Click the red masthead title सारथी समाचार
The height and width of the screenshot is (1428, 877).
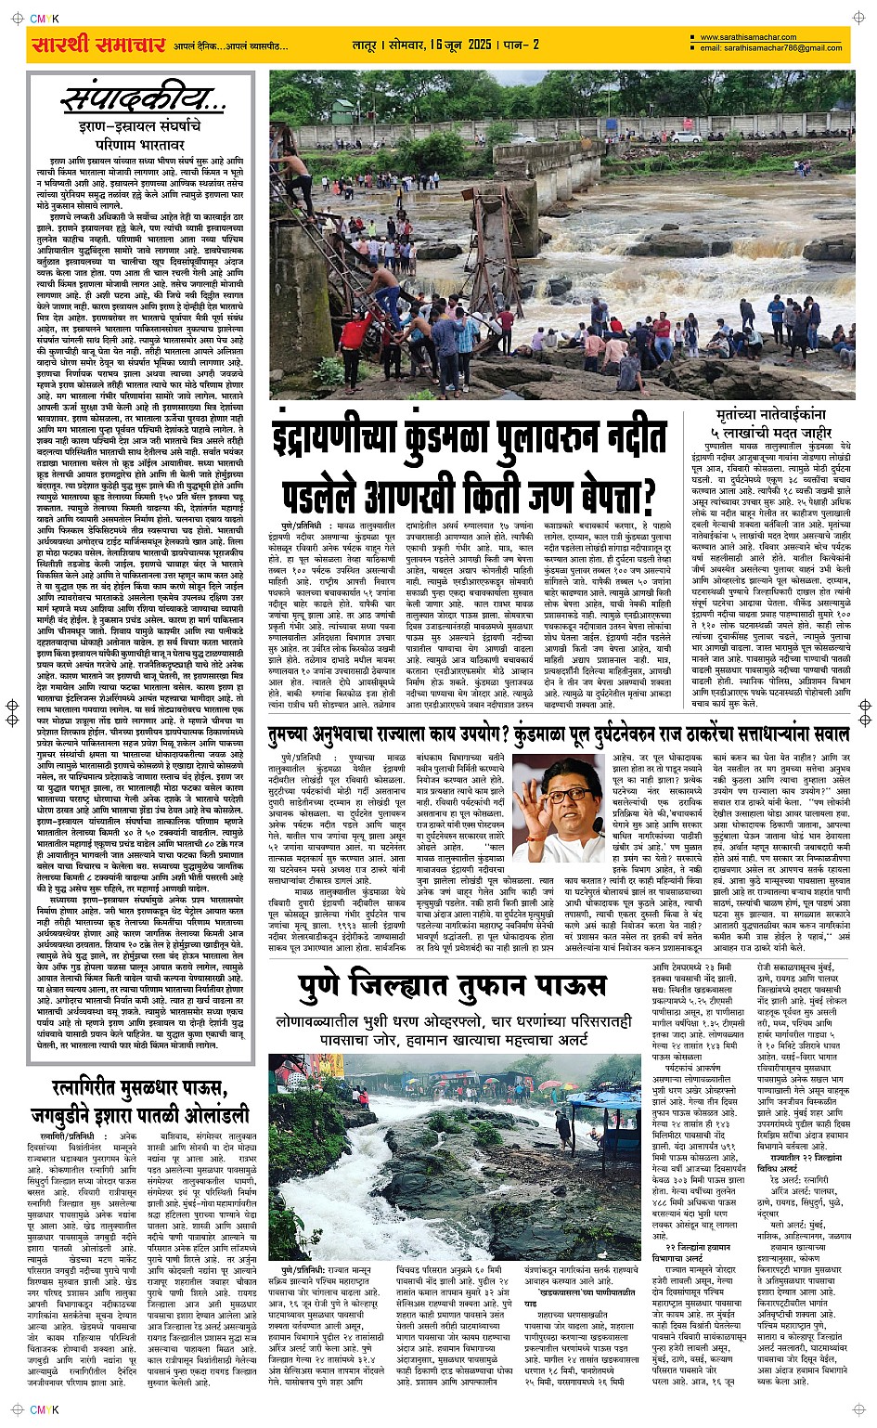point(97,45)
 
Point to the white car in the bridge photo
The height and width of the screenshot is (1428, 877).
point(687,136)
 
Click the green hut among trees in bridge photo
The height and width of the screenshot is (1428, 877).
point(347,110)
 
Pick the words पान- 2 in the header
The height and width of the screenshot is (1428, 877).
point(521,45)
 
